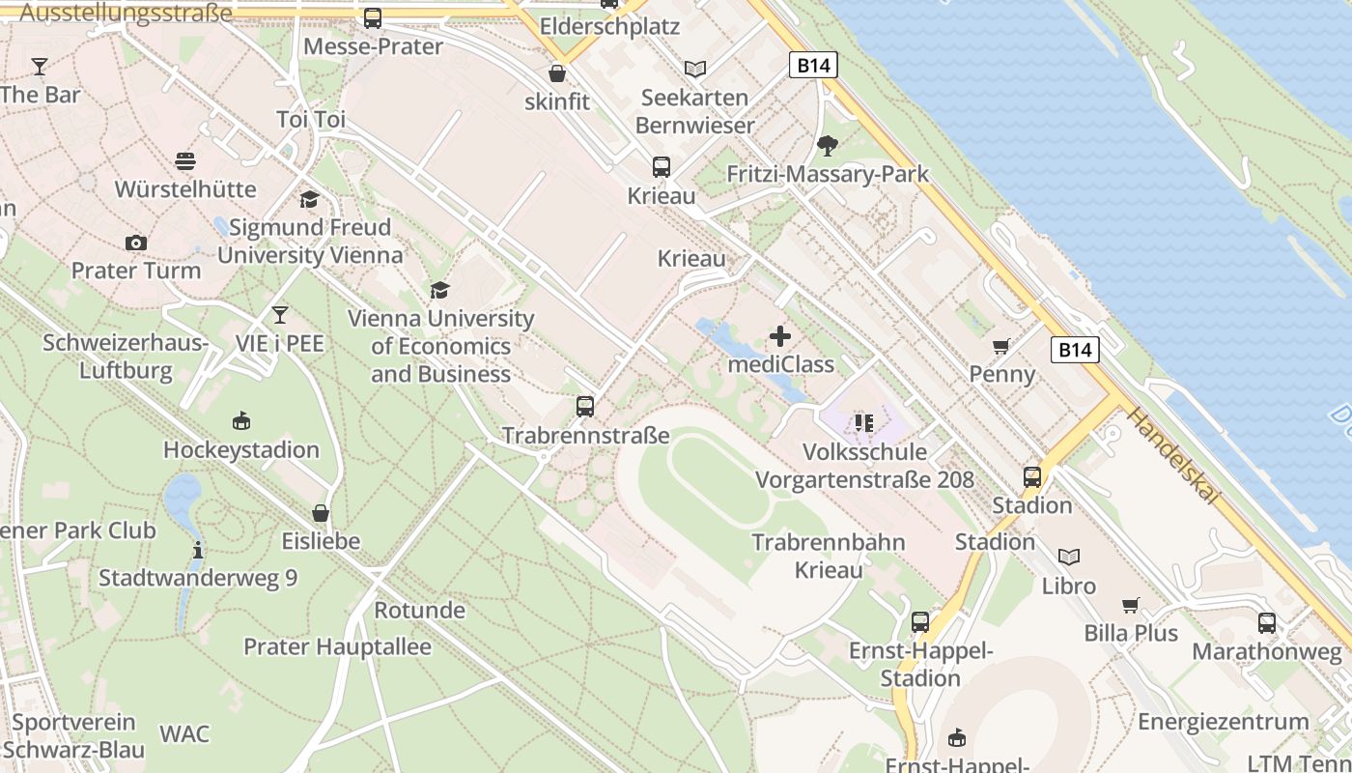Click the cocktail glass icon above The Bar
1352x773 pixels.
(39, 67)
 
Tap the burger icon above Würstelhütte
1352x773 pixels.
(185, 160)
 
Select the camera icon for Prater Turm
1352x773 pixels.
(136, 243)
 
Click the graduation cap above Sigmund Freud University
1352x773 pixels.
(309, 199)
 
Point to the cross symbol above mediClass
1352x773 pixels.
(780, 336)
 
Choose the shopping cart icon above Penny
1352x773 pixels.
(1001, 346)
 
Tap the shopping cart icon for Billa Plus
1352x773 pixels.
(1131, 605)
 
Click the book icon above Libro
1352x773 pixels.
(1068, 557)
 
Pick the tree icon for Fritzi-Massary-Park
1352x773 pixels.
(827, 146)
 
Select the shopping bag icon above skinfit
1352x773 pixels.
(557, 73)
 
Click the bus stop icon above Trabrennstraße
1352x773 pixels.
(585, 407)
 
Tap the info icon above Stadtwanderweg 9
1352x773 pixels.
(198, 550)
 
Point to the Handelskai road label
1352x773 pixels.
(1172, 455)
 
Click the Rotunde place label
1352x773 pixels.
(419, 611)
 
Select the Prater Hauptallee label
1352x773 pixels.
(337, 646)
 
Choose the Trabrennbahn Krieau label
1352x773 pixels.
(829, 556)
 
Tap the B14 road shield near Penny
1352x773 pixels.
(1075, 349)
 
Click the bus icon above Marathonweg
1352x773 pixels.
(1267, 623)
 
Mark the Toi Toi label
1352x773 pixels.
(311, 120)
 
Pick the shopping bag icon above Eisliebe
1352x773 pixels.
(321, 513)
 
